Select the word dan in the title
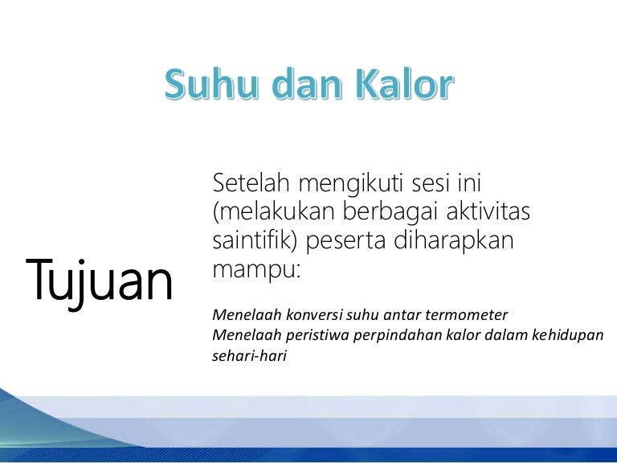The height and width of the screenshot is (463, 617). [x=308, y=84]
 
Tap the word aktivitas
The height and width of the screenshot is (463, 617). [x=488, y=211]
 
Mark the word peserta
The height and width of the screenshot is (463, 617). [x=345, y=242]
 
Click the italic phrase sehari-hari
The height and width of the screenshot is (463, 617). [x=250, y=355]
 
